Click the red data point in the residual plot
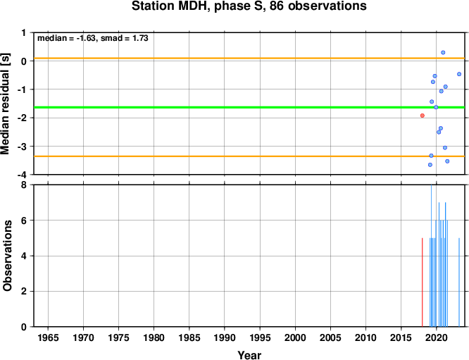point(423,116)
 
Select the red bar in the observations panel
point(423,283)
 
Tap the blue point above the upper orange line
point(443,53)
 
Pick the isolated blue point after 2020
point(459,74)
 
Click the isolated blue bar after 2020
point(459,283)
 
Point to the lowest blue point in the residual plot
point(430,165)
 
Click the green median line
point(249,107)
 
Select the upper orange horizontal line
point(249,58)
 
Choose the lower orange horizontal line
point(249,156)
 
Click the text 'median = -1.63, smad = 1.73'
point(93,38)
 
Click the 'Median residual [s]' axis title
point(5,104)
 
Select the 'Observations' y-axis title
point(7,256)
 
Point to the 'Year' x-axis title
point(249,355)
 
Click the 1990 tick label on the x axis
point(225,338)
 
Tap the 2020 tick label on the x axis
point(437,338)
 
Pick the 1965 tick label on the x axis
point(48,338)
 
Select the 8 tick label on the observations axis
point(24,185)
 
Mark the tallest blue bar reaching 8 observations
point(431,256)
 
